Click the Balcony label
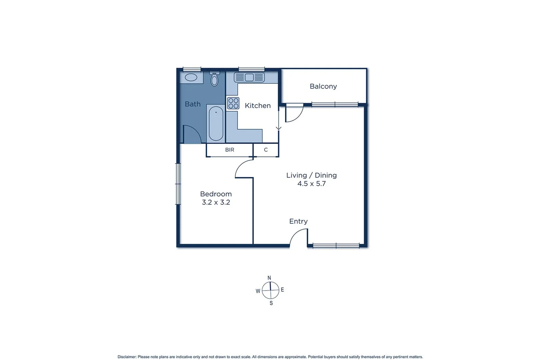(323, 86)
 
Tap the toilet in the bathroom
(214, 79)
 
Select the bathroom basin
(191, 77)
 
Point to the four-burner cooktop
(233, 103)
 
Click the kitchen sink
(249, 77)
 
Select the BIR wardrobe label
(230, 150)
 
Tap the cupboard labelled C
(266, 150)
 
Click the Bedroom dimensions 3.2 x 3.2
(216, 202)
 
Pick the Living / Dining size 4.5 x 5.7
(311, 184)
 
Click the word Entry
(298, 221)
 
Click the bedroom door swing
(244, 169)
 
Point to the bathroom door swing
(192, 134)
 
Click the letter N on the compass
(269, 278)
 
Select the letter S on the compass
(271, 303)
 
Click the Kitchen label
(258, 106)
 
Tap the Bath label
(193, 104)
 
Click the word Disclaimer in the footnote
(127, 357)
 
